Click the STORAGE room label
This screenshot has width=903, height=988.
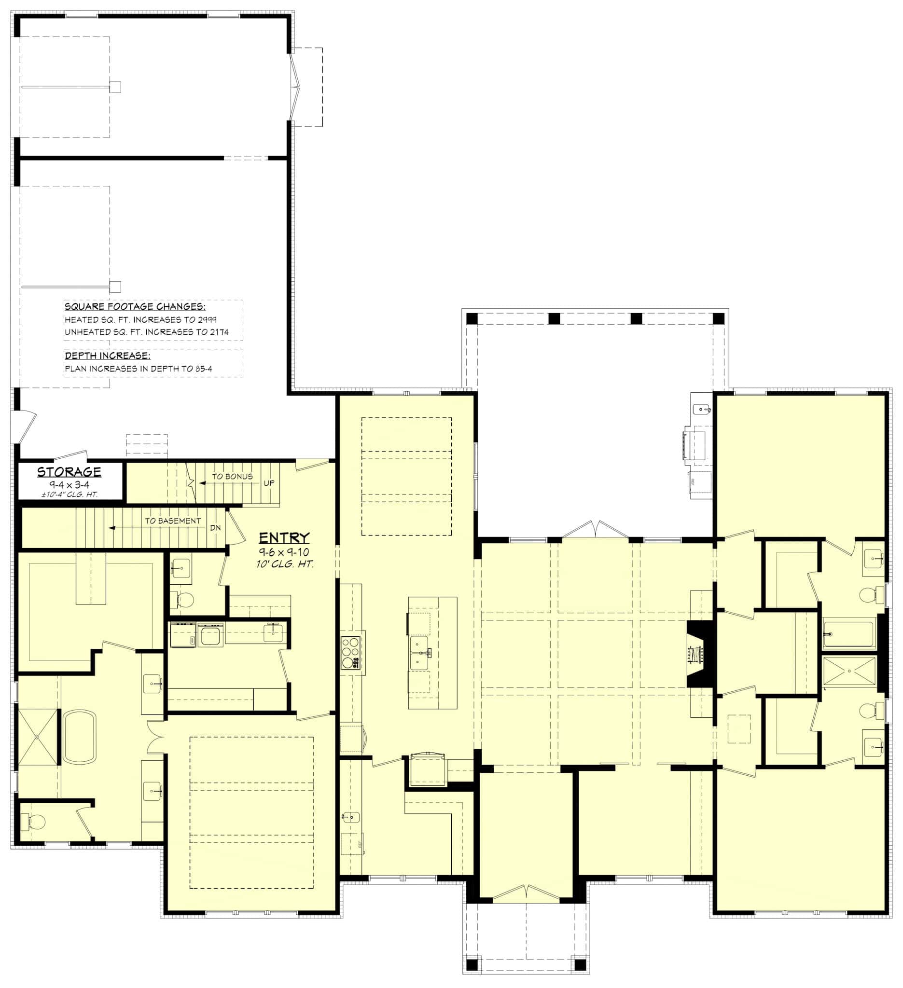pos(69,471)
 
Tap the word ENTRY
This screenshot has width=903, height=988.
pos(284,537)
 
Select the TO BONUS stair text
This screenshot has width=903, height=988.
pos(232,476)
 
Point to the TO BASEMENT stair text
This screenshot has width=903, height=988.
pos(173,521)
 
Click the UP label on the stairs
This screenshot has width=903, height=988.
pos(269,483)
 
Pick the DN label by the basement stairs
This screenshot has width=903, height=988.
pos(215,528)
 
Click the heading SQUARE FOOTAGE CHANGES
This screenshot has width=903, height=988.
pos(135,306)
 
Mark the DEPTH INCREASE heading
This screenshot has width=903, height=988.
pos(107,356)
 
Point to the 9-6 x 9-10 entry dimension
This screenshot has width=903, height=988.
pos(284,552)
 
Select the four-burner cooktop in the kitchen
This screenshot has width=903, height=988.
pos(350,652)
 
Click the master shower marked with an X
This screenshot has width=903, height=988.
pos(38,737)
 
